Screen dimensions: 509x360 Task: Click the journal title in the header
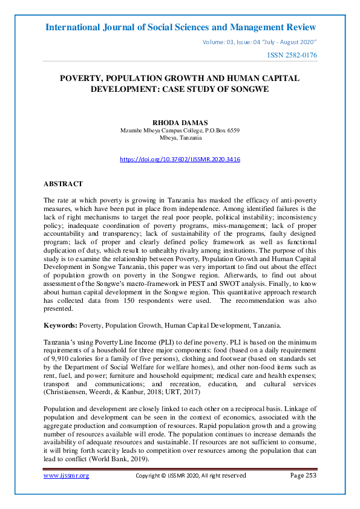click(180, 27)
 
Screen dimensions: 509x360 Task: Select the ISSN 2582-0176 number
click(292, 56)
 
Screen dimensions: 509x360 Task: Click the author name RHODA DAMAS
click(180, 123)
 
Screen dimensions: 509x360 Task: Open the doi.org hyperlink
click(180, 160)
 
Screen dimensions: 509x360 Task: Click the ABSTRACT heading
click(63, 183)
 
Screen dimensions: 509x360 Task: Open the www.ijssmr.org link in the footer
click(66, 476)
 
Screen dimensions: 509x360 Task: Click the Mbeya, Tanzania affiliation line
click(180, 138)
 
